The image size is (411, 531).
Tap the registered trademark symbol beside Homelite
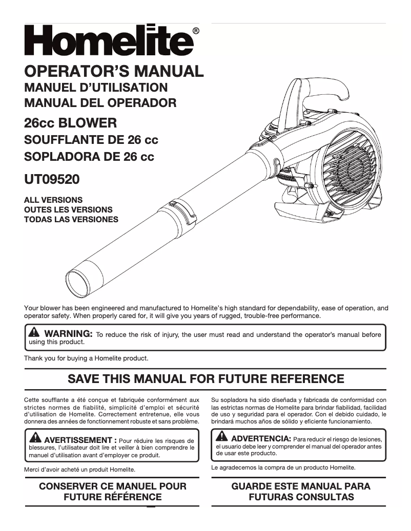click(x=196, y=31)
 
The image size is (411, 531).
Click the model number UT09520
click(x=52, y=180)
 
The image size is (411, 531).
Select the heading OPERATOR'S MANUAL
click(x=114, y=71)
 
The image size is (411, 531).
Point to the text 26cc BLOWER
click(x=71, y=123)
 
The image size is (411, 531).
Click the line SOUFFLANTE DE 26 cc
click(x=91, y=140)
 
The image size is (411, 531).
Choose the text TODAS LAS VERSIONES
click(x=71, y=220)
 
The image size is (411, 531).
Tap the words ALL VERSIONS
click(x=53, y=200)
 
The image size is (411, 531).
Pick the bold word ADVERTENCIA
click(x=261, y=439)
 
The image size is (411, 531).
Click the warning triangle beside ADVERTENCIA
click(x=222, y=437)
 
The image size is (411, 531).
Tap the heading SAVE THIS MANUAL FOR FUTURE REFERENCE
click(x=206, y=379)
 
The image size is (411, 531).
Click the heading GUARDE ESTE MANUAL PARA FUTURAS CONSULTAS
click(x=301, y=491)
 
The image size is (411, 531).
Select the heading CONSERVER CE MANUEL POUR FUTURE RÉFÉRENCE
click(x=113, y=491)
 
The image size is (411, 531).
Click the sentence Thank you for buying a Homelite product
click(x=86, y=358)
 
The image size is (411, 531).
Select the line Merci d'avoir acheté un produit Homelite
click(x=79, y=469)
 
